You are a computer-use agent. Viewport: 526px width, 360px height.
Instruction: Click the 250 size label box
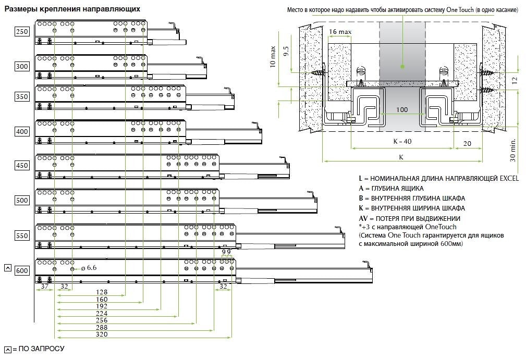pyautogui.click(x=22, y=32)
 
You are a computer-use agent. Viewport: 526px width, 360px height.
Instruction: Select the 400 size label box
pyautogui.click(x=22, y=132)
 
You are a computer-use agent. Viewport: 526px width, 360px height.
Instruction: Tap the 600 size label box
pyautogui.click(x=22, y=271)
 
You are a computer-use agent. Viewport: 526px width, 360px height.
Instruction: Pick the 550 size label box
pyautogui.click(x=22, y=235)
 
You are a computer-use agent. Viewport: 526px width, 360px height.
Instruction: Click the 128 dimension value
pyautogui.click(x=102, y=292)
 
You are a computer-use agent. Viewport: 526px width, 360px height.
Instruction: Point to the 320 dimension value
pyautogui.click(x=102, y=334)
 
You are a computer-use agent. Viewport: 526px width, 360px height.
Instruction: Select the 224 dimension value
pyautogui.click(x=102, y=313)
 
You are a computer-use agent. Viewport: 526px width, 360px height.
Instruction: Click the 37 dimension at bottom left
pyautogui.click(x=45, y=286)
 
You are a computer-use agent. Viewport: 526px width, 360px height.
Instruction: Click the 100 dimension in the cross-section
pyautogui.click(x=401, y=110)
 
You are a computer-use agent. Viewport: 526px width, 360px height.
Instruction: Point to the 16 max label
pyautogui.click(x=340, y=32)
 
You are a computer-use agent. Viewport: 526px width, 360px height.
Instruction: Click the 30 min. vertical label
pyautogui.click(x=513, y=150)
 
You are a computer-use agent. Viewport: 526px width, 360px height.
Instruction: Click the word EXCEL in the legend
pyautogui.click(x=509, y=178)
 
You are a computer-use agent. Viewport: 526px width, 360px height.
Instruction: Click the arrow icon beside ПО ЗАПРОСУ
pyautogui.click(x=7, y=349)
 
